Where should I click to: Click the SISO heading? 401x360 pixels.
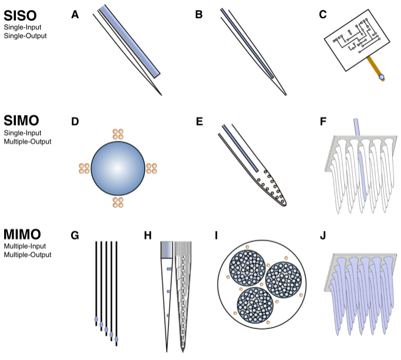20,16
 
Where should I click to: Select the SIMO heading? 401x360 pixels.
21,120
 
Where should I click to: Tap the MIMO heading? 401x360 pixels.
22,234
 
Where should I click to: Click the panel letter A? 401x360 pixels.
75,15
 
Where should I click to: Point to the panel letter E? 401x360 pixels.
200,122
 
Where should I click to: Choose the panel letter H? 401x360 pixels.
148,235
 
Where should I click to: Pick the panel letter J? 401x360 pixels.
323,235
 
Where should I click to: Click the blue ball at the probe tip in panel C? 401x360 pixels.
382,77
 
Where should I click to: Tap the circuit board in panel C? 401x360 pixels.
357,40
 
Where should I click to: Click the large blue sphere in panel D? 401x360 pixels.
118,168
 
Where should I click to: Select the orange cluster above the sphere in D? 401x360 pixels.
118,134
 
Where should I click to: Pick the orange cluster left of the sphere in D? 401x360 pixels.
84,169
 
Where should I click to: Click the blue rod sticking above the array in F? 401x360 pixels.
356,127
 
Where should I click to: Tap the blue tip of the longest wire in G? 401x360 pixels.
116,339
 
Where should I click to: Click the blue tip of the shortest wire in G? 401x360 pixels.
96,319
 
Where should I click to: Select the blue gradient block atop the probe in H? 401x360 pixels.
167,250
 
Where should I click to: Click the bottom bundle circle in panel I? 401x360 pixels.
255,305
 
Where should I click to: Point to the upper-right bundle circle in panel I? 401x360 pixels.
284,280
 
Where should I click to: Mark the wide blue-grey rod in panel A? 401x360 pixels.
130,42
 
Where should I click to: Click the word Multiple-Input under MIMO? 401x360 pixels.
25,246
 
